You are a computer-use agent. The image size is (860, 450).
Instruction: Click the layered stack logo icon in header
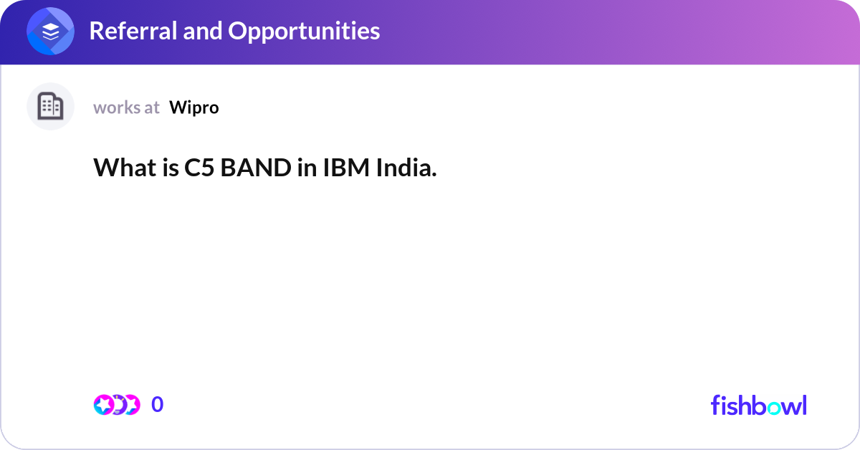(51, 32)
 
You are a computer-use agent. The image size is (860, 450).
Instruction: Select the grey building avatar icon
(50, 107)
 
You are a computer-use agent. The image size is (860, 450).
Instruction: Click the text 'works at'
(126, 107)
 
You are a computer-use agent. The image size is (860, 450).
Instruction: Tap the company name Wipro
(194, 107)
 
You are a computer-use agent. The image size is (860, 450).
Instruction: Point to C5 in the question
(199, 168)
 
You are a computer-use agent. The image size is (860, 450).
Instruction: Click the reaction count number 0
(157, 405)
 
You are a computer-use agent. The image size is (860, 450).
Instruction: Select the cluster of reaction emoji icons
(117, 405)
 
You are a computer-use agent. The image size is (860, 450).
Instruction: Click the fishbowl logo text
(758, 405)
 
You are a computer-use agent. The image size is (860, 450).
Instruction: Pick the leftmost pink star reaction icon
(104, 405)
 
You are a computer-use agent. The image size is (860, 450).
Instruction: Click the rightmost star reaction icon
(130, 405)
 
